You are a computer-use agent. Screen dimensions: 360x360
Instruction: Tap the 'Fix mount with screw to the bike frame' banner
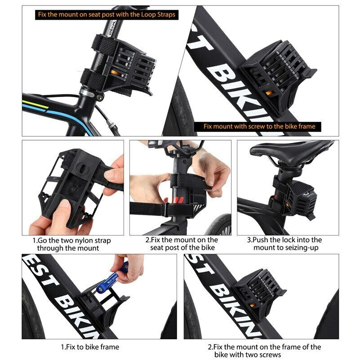click(x=259, y=126)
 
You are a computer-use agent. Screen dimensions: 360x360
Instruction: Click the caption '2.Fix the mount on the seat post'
click(x=181, y=244)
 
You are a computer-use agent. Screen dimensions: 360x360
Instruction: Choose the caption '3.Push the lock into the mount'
click(x=288, y=244)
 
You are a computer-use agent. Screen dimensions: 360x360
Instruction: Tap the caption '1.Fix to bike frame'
click(x=90, y=347)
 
